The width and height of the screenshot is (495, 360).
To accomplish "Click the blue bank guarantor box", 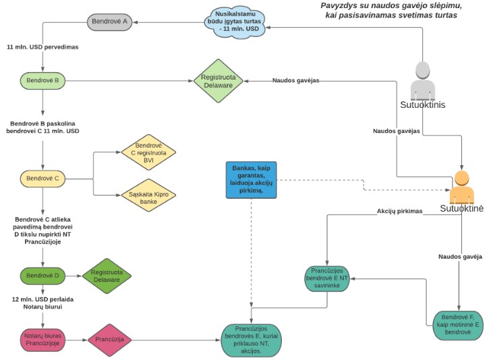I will pos(252,180).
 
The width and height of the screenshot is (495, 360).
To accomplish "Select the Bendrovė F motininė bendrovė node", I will pos(459,322).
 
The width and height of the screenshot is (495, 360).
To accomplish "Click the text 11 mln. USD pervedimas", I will pos(43,48).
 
